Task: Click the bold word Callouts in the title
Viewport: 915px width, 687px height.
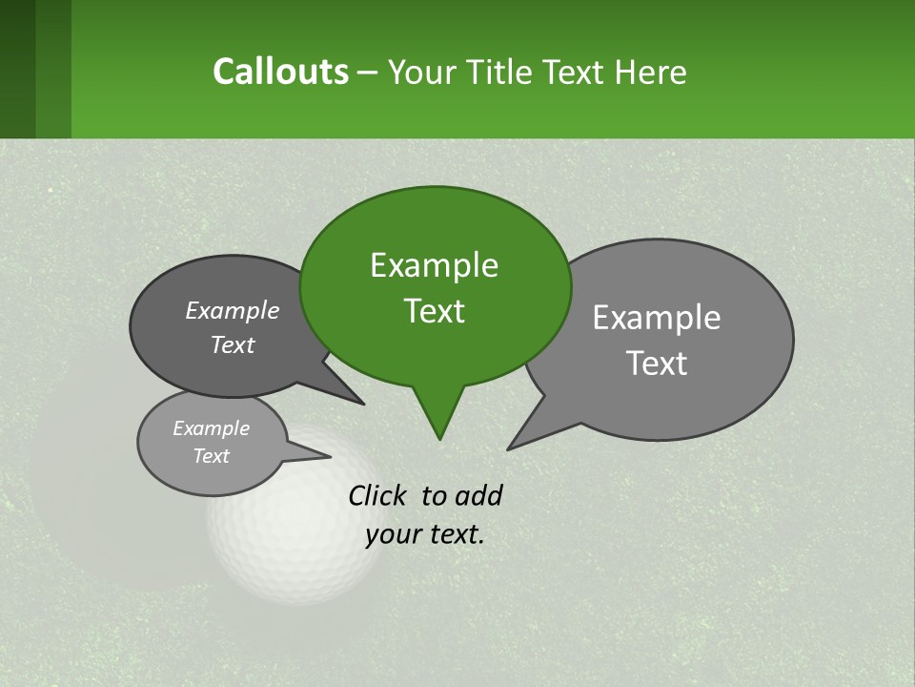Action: (280, 72)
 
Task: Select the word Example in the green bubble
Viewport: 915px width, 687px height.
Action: (434, 265)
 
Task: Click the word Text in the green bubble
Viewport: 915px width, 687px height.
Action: (434, 311)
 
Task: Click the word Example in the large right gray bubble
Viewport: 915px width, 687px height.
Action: (657, 318)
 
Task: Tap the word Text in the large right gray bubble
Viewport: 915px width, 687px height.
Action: (657, 364)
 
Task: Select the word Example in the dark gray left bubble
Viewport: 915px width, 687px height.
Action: (233, 310)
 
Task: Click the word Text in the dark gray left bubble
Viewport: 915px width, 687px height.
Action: (233, 344)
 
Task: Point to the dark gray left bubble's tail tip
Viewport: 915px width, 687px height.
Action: (362, 403)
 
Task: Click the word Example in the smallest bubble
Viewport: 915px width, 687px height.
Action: (211, 428)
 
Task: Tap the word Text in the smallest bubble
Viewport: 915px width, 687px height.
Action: (211, 456)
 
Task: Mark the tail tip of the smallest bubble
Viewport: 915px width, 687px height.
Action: (329, 457)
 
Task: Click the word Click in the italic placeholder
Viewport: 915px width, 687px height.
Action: (378, 495)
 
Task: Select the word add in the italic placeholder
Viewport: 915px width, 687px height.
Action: (478, 495)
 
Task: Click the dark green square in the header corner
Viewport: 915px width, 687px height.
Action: (17, 69)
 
